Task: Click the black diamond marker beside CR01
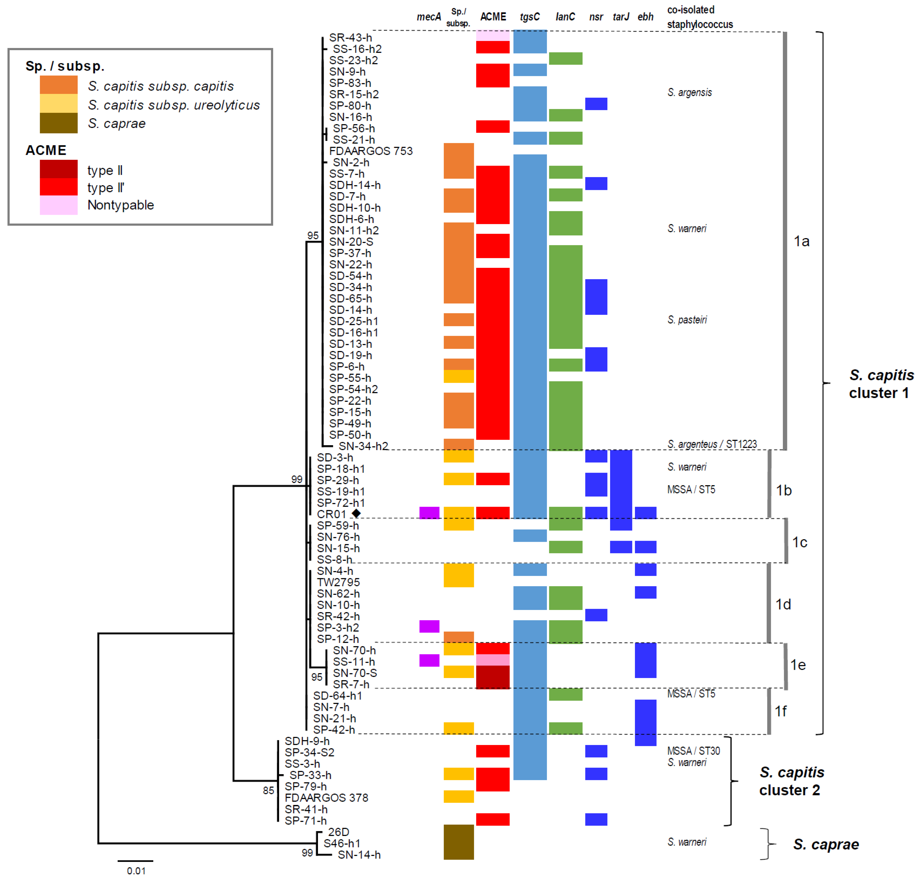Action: (356, 513)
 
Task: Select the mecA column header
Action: (428, 17)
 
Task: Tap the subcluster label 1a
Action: (802, 241)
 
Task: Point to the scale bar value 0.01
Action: (136, 871)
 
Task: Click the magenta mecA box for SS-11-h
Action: (429, 660)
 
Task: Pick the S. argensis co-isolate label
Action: (689, 92)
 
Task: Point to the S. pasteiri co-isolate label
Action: (687, 320)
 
